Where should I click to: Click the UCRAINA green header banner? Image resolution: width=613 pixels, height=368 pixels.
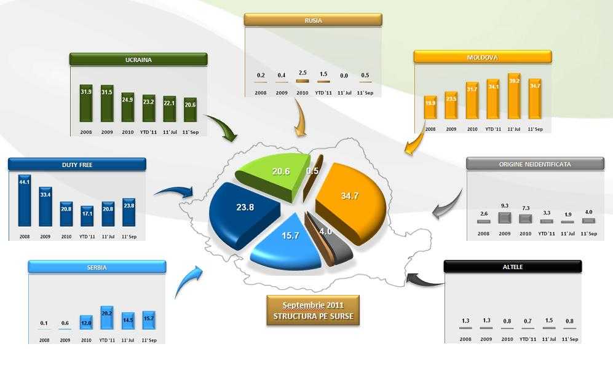(x=138, y=60)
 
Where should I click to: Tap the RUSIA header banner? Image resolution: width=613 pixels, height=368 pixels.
(x=313, y=20)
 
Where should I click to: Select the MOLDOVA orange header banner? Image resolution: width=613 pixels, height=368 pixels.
(x=483, y=57)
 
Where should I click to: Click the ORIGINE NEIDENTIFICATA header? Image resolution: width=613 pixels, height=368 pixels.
(x=535, y=164)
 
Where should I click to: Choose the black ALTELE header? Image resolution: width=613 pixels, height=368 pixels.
(x=513, y=267)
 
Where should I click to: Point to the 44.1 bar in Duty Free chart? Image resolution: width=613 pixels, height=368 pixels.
(x=24, y=200)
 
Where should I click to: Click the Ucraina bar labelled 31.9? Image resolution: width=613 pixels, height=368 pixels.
(x=86, y=104)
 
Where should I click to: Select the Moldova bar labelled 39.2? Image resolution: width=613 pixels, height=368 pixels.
(x=514, y=96)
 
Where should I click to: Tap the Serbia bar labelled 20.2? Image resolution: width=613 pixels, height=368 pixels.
(x=107, y=318)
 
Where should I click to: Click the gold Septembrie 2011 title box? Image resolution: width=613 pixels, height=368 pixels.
(x=313, y=310)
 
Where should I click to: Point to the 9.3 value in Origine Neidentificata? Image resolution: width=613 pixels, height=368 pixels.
(x=505, y=205)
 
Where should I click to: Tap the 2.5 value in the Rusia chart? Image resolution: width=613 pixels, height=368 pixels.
(x=303, y=72)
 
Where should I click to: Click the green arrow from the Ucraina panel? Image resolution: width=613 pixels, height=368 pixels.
(x=221, y=127)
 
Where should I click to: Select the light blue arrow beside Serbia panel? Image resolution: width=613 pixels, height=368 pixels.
(x=188, y=281)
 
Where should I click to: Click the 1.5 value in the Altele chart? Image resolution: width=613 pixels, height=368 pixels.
(x=549, y=320)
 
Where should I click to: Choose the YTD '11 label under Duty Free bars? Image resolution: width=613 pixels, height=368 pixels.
(x=87, y=237)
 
